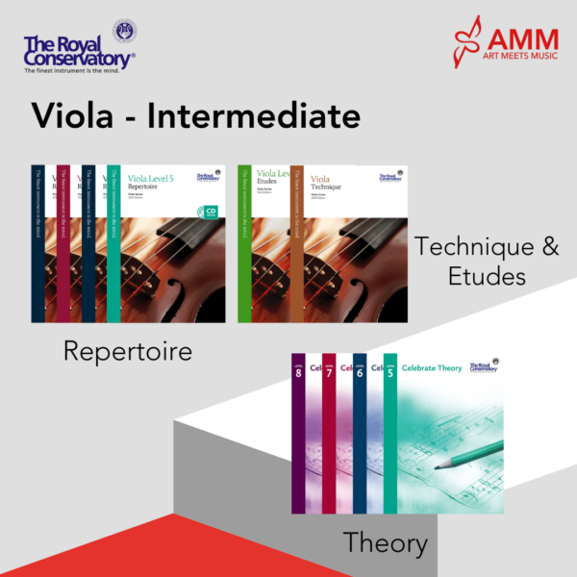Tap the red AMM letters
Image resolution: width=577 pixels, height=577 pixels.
tap(521, 40)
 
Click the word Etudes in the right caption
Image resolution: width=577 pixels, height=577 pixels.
tap(486, 277)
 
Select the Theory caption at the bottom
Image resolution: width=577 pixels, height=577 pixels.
tap(386, 543)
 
